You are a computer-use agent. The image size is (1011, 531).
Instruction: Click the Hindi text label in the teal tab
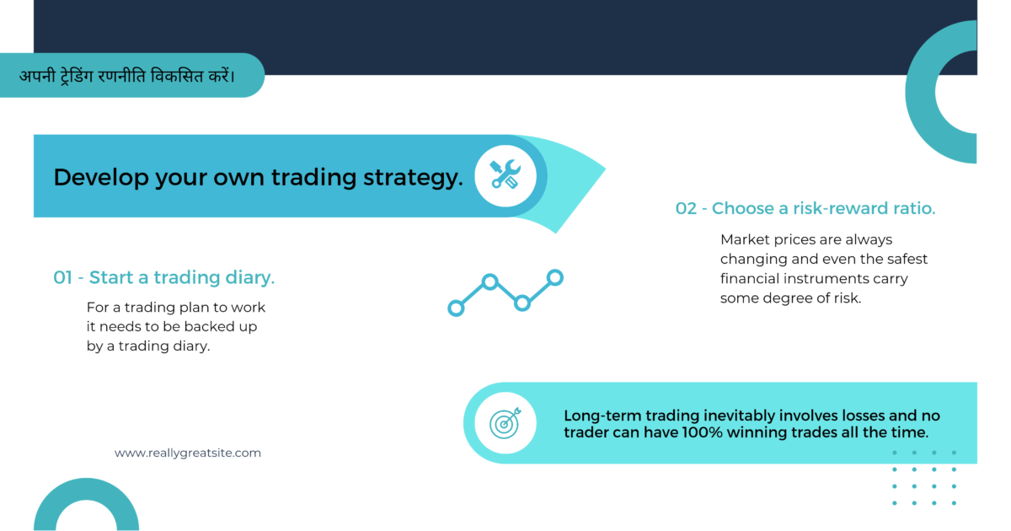click(x=127, y=76)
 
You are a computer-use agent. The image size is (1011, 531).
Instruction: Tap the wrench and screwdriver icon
click(x=505, y=175)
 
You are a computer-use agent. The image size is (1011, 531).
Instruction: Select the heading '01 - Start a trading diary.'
click(x=164, y=277)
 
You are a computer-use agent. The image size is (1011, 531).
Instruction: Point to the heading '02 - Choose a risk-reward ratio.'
click(x=805, y=208)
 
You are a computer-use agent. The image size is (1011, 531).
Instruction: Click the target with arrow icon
click(x=505, y=422)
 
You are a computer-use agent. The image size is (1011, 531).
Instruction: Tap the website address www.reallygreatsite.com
click(x=188, y=453)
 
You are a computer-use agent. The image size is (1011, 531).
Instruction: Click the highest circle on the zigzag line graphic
click(x=554, y=276)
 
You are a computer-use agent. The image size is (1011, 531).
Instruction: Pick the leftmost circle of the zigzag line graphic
click(x=456, y=308)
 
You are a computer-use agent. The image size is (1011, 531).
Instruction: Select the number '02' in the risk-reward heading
click(x=687, y=208)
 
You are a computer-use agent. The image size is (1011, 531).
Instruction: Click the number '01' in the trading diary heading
click(x=63, y=277)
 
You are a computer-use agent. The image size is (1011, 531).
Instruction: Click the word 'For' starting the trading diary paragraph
click(x=99, y=307)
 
